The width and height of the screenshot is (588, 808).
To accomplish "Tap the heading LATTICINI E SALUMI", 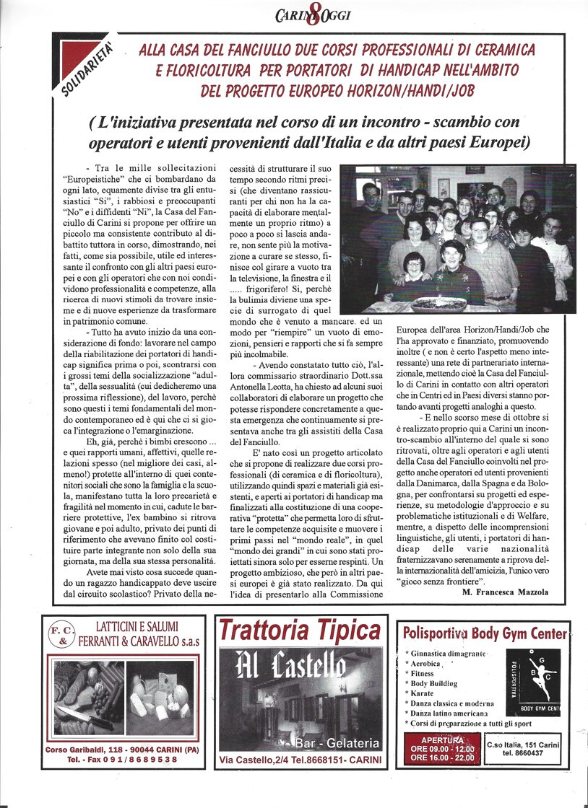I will tap(132, 627).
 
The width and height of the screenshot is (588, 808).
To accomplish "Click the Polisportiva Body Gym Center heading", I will tap(485, 634).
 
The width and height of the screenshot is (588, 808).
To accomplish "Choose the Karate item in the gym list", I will tap(426, 693).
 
